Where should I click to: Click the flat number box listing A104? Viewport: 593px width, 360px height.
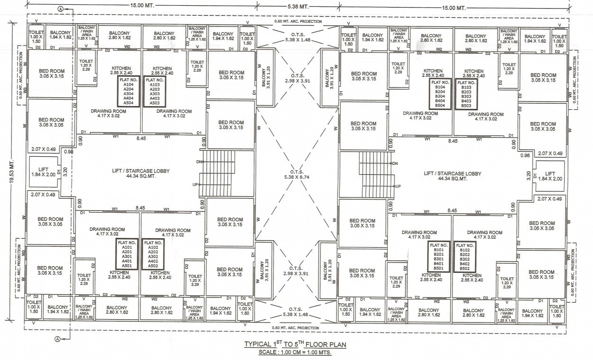[129, 91]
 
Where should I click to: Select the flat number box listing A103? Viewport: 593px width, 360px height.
[155, 91]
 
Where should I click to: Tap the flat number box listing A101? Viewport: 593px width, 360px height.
[127, 254]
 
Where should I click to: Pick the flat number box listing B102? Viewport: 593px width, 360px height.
[465, 256]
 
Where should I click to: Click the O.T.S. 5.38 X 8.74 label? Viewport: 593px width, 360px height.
[297, 174]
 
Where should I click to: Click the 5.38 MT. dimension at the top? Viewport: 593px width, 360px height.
[298, 7]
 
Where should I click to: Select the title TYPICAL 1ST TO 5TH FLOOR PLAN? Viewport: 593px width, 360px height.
[295, 344]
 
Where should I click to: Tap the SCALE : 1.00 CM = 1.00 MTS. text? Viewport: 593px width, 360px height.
[295, 353]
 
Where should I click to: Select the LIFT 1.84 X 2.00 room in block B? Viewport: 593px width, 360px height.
[550, 176]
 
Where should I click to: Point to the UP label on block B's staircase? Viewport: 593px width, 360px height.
[398, 186]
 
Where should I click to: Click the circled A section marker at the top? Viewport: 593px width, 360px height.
[60, 9]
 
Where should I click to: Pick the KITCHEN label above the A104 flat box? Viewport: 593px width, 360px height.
[121, 68]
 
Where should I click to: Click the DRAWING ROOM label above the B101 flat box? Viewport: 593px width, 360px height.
[419, 233]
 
